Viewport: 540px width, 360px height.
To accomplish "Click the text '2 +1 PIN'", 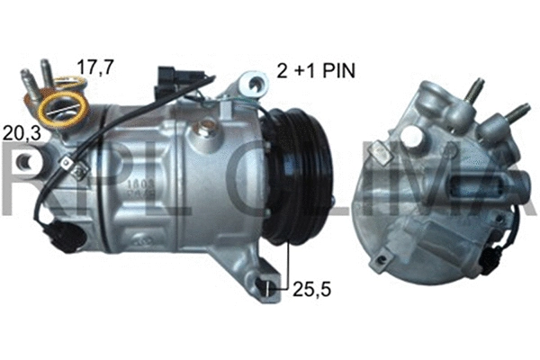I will point(311,69).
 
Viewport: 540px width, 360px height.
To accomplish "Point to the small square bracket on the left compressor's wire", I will point(66,163).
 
